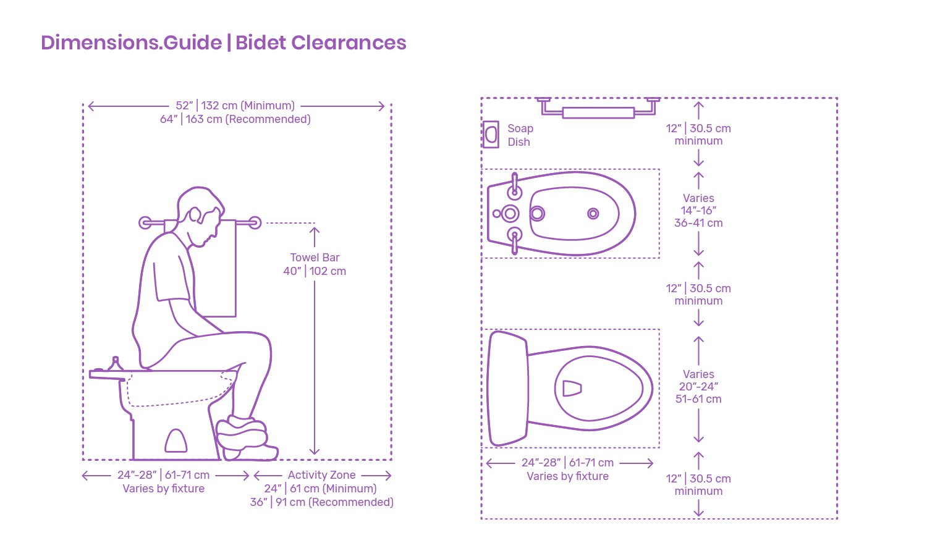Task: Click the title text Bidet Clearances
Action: click(321, 43)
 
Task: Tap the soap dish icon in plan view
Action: click(491, 134)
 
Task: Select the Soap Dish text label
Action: click(520, 135)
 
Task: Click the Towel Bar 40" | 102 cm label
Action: click(315, 264)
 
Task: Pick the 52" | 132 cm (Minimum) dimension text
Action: click(235, 106)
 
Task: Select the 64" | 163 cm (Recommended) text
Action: click(235, 119)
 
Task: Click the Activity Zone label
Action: click(321, 475)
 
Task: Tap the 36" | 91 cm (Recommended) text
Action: click(321, 502)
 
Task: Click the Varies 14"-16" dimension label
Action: click(698, 211)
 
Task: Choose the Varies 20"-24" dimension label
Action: click(698, 387)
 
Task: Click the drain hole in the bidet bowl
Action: click(593, 214)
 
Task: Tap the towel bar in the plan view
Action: click(598, 112)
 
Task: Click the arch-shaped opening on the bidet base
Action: click(176, 441)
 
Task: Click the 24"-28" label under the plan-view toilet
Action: click(567, 463)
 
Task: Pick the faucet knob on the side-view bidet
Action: click(115, 362)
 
